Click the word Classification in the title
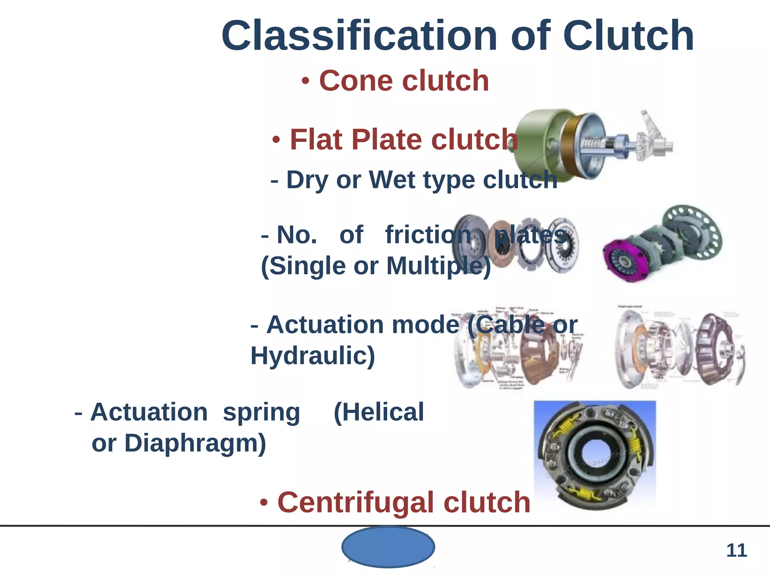click(x=359, y=36)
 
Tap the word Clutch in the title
click(x=628, y=36)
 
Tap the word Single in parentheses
click(x=308, y=266)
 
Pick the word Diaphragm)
click(x=196, y=443)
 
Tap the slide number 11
click(x=736, y=551)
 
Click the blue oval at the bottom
click(x=388, y=547)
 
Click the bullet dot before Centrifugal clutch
click(x=265, y=503)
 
